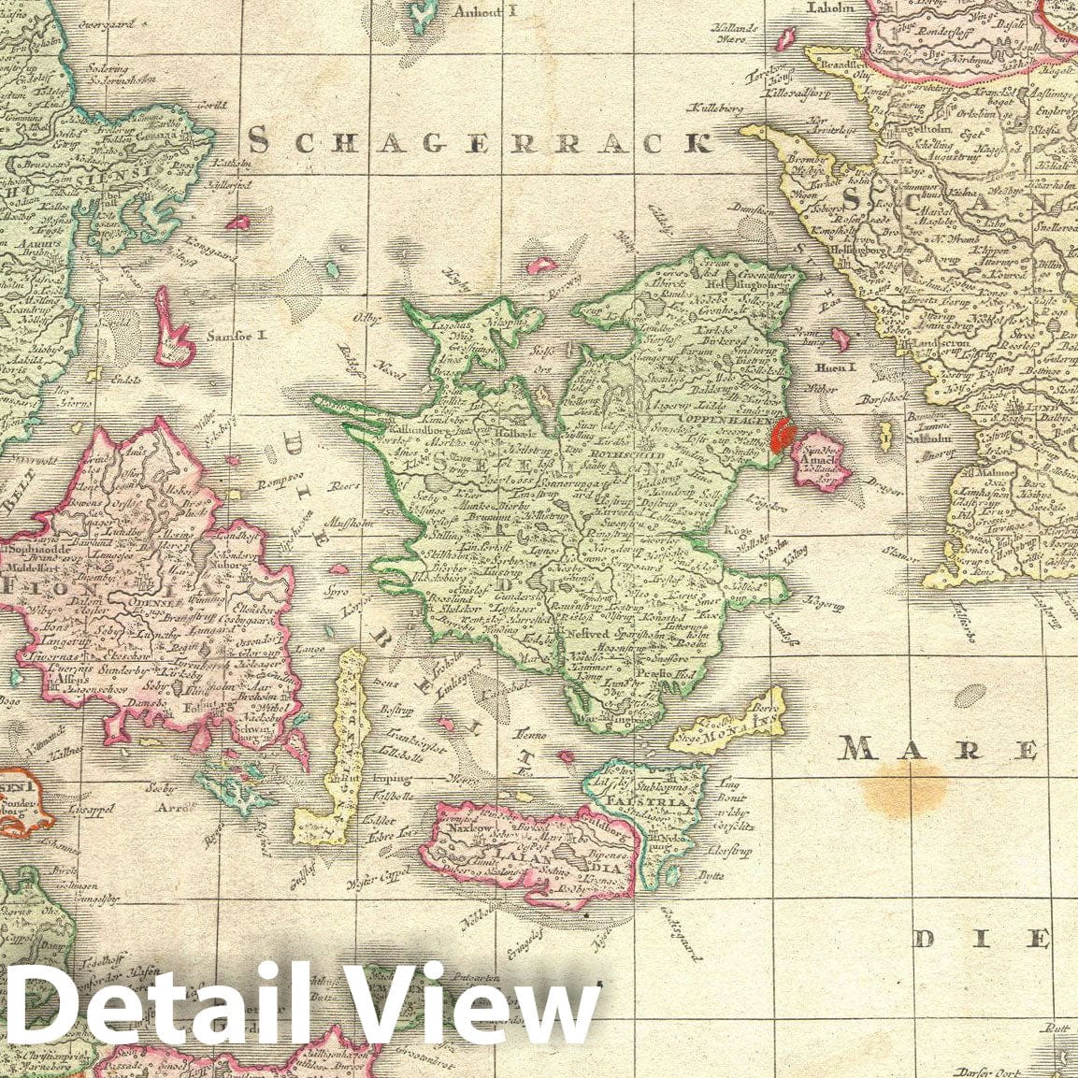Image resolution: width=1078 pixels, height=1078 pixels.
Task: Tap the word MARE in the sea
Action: (938, 748)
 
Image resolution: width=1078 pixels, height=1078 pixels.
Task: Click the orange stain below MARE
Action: (904, 788)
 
